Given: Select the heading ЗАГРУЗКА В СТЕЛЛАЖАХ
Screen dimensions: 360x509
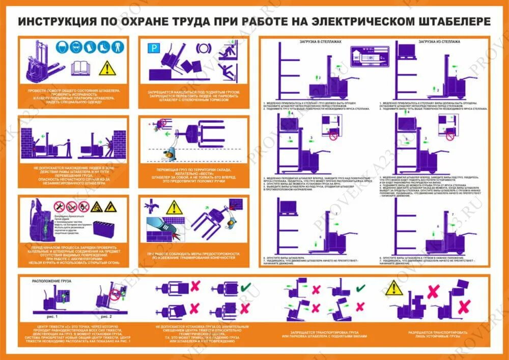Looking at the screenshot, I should coord(321,42).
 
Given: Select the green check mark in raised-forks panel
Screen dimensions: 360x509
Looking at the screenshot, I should coord(360,288).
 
